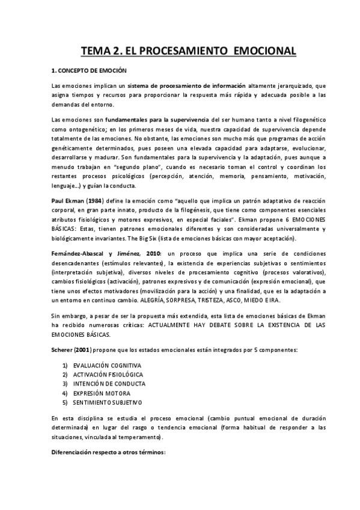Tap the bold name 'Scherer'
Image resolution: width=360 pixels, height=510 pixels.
click(63, 349)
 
